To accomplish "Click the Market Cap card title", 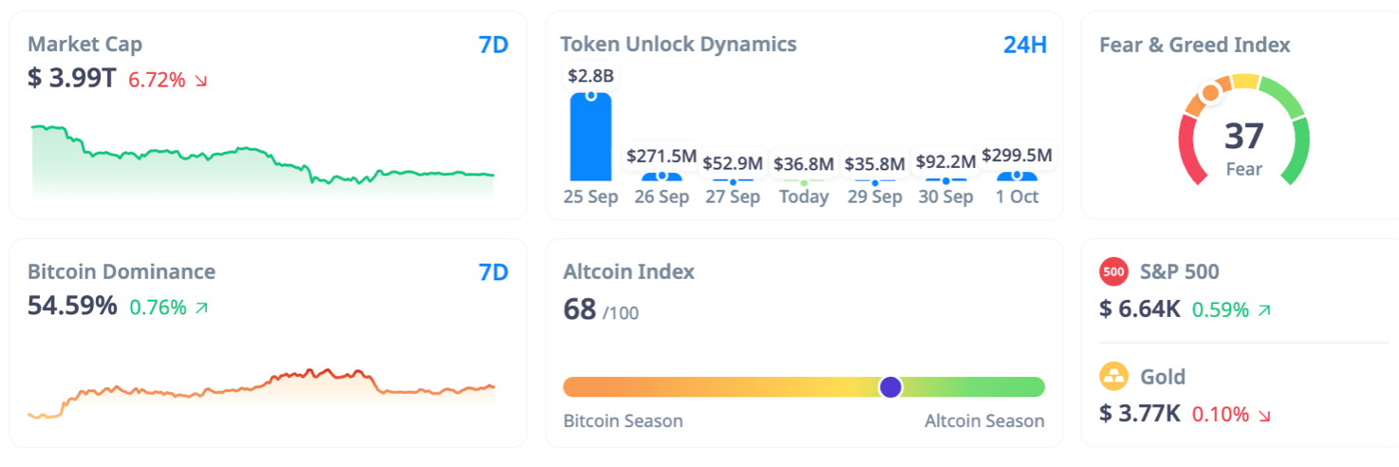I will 84,44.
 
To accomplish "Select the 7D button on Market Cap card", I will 494,45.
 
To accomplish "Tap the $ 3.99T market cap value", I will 71,79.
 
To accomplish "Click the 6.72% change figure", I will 157,80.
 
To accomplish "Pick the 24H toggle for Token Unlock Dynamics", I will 1025,45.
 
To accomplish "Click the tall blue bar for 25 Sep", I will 590,138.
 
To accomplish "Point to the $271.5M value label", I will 662,156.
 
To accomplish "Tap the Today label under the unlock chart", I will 804,197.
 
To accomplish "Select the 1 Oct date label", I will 1017,197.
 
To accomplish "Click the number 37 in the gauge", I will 1243,137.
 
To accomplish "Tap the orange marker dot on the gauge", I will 1209,93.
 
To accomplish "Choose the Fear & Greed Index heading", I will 1194,45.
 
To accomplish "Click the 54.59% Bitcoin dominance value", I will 72,307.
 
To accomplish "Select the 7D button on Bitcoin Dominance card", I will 494,272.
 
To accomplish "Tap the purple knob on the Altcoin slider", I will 890,386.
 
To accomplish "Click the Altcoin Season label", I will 984,420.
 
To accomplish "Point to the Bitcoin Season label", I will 623,420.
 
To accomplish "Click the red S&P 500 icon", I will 1113,272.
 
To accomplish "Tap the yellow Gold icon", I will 1113,377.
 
